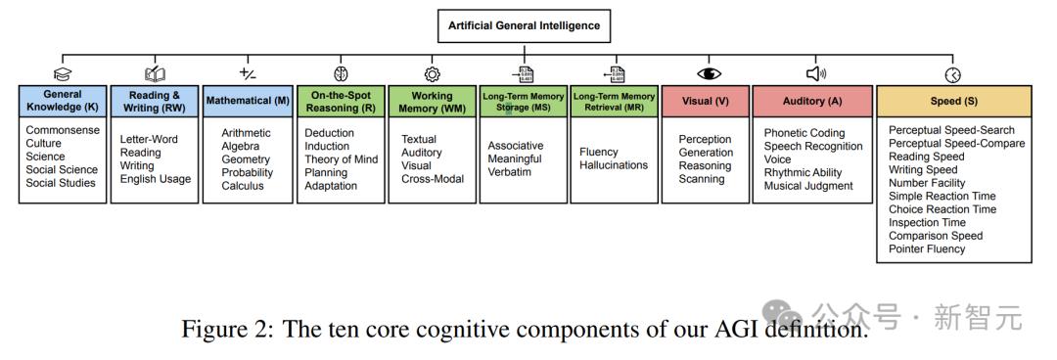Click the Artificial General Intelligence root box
[524, 26]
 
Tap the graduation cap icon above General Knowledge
[62, 74]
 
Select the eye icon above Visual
[709, 74]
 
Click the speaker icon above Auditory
[815, 74]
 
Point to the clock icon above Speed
[953, 75]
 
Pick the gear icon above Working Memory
[433, 74]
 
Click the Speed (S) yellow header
[954, 101]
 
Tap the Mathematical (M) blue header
[248, 101]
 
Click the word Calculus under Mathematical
[243, 186]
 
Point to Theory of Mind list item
[342, 159]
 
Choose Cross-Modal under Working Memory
[433, 179]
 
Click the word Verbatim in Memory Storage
[510, 172]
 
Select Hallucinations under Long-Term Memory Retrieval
[614, 166]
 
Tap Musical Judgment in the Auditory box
[808, 186]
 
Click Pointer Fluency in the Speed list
[927, 248]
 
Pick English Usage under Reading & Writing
[156, 179]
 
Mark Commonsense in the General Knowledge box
[63, 130]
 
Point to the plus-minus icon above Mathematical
[248, 72]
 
